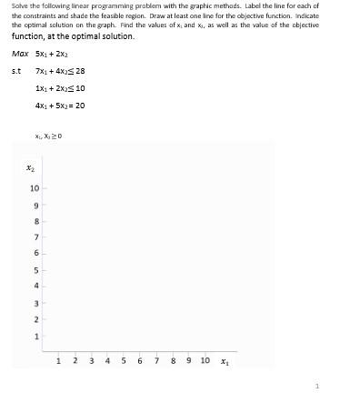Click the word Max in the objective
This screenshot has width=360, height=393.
coord(20,54)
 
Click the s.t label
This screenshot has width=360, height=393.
coord(15,71)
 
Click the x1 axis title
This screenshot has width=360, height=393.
coord(226,361)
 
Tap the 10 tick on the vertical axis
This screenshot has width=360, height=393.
coord(35,188)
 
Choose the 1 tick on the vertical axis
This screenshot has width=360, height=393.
coord(36,337)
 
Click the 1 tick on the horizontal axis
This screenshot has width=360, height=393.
coord(59,360)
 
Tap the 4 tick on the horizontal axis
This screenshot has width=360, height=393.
coord(108,360)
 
